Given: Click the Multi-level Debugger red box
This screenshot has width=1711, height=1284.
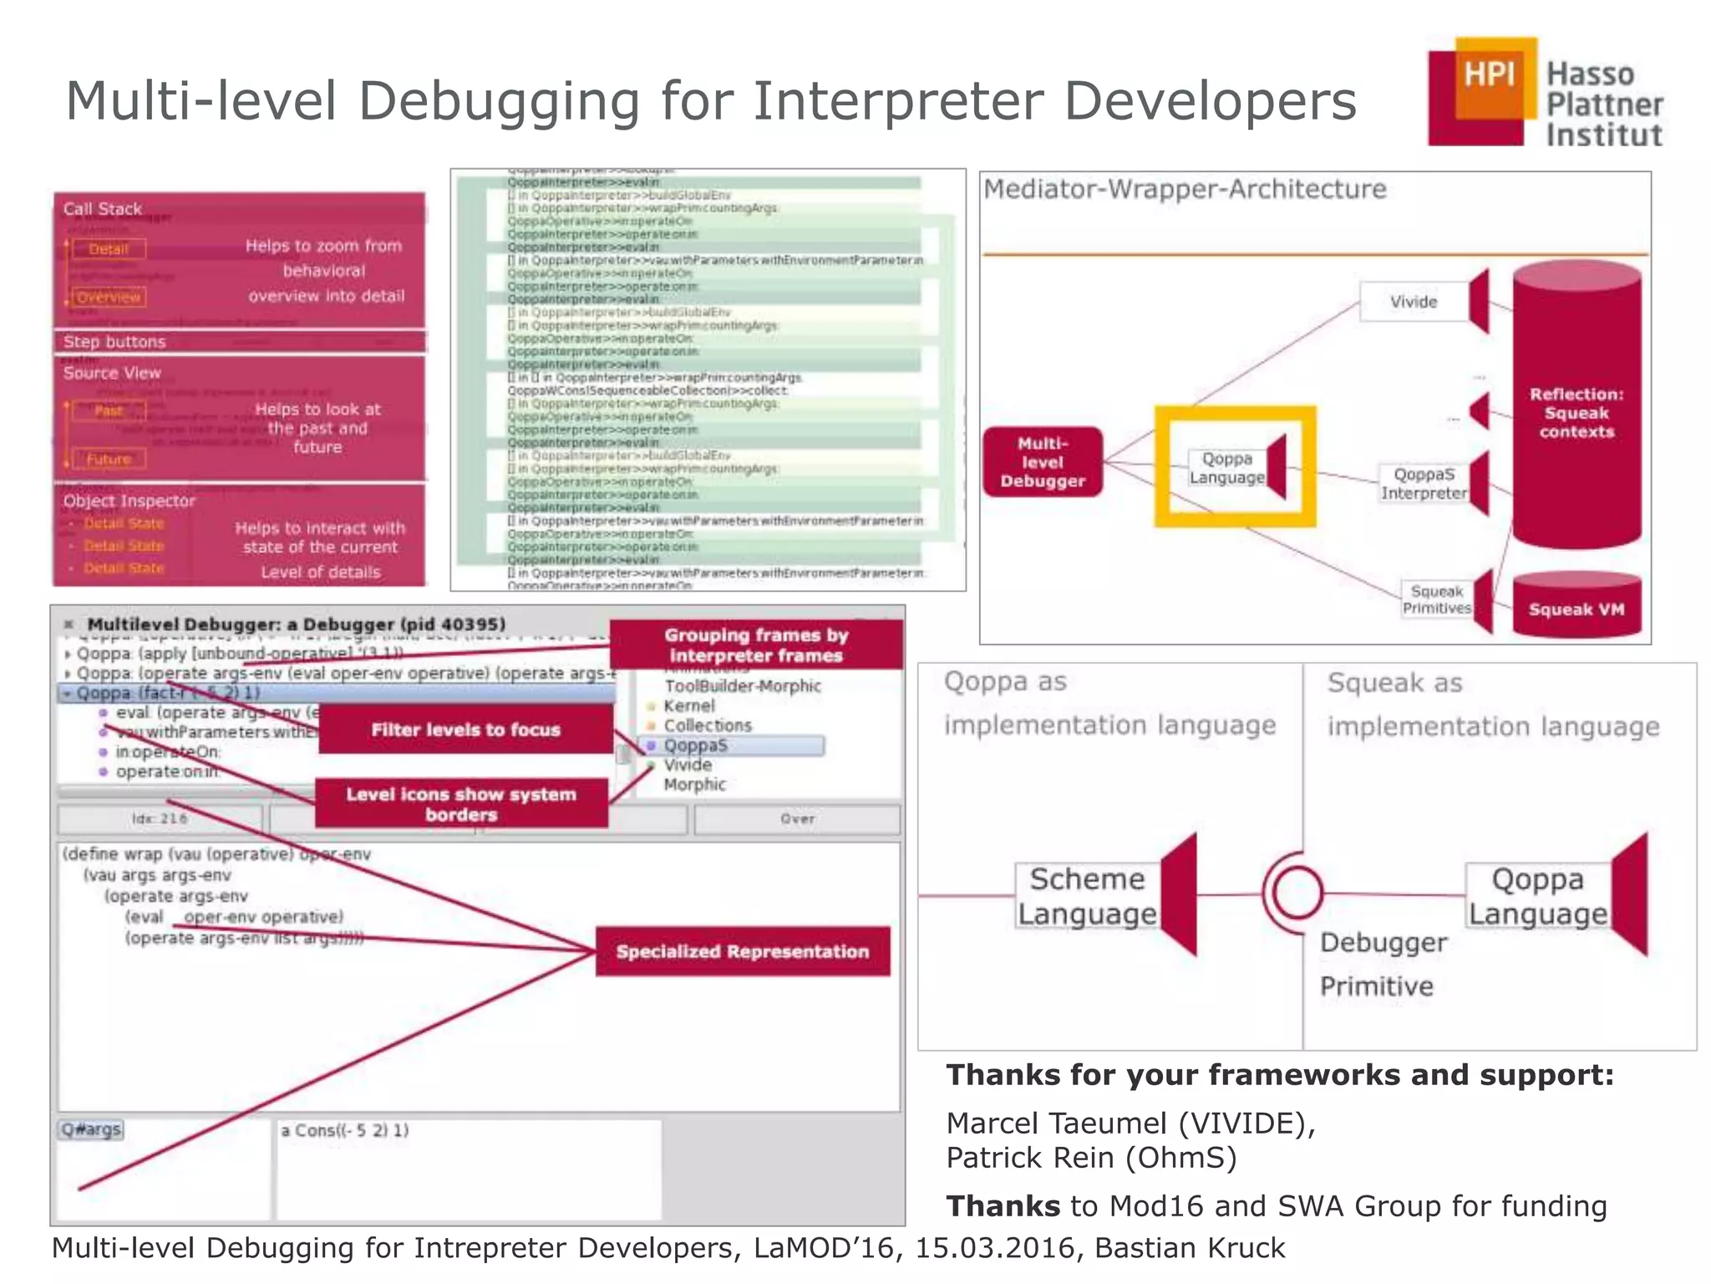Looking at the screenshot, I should (1043, 462).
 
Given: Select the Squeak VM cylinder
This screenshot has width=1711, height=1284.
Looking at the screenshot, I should (1576, 607).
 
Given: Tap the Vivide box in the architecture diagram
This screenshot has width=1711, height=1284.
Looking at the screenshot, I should (1414, 302).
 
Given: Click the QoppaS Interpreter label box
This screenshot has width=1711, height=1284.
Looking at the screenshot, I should (1424, 484).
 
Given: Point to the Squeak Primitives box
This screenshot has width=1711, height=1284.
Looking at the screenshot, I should (1436, 599).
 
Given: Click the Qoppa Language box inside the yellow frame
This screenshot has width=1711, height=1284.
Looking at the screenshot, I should (1226, 468).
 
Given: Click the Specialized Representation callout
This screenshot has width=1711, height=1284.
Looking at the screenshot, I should (742, 951).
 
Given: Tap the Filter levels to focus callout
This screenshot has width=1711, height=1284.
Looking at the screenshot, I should (465, 730).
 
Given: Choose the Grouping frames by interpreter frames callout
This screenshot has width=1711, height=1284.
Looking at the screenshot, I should (755, 645).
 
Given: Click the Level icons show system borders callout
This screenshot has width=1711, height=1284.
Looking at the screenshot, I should (461, 804).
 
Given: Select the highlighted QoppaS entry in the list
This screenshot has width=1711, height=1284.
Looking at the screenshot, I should (731, 746).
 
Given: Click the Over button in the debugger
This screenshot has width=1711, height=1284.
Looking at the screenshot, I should (797, 819).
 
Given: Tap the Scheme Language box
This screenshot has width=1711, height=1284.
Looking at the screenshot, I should (1086, 896).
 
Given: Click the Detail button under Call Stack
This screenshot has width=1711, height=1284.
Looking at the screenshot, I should (109, 249).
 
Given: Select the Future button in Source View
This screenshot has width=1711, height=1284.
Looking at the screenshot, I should (109, 459).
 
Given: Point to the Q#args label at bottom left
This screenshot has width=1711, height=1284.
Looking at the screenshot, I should (91, 1129).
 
